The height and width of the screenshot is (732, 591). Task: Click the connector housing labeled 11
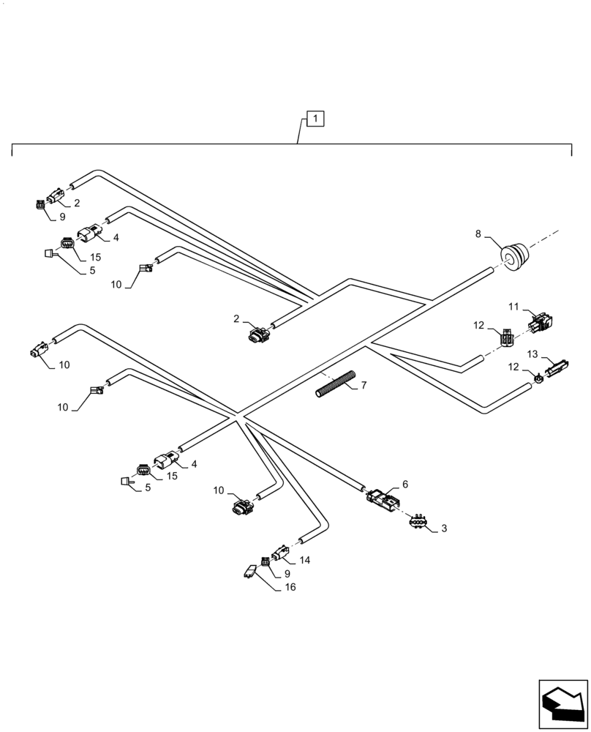point(539,321)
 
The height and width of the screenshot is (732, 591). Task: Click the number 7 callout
point(364,386)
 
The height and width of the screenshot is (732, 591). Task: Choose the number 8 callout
point(478,234)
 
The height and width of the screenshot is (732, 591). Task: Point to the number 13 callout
point(532,354)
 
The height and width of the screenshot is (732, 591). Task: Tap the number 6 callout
point(405,484)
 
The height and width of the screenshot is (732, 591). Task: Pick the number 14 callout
point(305,560)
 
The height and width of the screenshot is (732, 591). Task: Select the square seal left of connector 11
point(506,338)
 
